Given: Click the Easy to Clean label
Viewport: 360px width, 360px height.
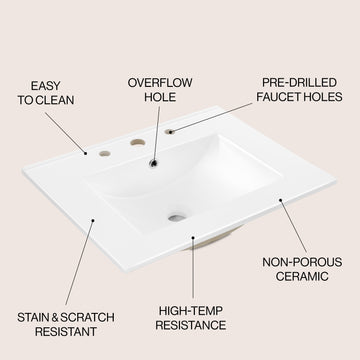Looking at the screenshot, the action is coord(46,93).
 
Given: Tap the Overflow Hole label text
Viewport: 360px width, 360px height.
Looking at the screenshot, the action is coord(160,90).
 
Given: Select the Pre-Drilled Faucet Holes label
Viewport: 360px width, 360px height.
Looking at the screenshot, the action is coord(299,90).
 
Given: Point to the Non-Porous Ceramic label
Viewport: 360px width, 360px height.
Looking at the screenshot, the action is coord(302,269).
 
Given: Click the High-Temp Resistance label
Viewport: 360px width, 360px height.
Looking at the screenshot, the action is coord(191,318).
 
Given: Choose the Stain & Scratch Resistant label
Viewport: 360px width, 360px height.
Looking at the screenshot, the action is coord(66,324).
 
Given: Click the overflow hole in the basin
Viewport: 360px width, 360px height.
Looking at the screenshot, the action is coord(153,163).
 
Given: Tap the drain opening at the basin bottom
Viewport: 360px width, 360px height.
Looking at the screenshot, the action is coord(177,218).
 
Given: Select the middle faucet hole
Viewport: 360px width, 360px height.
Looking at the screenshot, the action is coord(138,142).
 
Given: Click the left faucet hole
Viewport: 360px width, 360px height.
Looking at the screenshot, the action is coord(105,153).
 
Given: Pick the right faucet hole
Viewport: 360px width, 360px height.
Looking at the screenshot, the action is coord(170,132).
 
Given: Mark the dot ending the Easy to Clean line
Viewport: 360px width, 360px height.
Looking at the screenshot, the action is coord(86,153).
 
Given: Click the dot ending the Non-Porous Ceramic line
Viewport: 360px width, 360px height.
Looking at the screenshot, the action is coord(281,200).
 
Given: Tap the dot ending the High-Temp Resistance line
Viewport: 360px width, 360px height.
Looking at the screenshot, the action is coord(193,237).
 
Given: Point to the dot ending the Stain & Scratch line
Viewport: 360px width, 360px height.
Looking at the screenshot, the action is coord(93,220).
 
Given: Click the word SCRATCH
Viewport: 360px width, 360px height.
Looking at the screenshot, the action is coord(88,317).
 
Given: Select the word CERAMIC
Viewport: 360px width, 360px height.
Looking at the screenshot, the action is coord(302,276).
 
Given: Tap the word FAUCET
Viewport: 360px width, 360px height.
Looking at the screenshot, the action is coord(275,97).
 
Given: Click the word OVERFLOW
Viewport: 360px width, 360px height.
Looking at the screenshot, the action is coord(160,83).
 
